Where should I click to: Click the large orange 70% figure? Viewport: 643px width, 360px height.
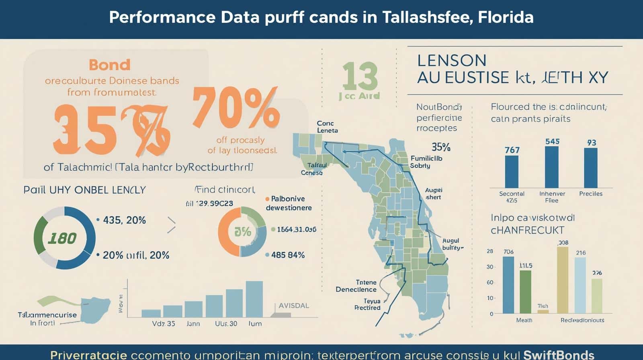[236, 108]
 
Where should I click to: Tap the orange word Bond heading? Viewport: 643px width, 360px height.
[109, 65]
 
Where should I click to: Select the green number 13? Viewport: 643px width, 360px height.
[360, 76]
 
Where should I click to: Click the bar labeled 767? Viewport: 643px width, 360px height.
[512, 171]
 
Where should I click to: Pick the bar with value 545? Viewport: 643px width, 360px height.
[551, 167]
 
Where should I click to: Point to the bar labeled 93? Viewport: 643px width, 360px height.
[590, 168]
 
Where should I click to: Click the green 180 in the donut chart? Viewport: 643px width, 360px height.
[62, 238]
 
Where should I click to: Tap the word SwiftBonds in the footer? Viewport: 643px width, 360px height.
[559, 354]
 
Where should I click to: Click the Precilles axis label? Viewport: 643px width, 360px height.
[590, 194]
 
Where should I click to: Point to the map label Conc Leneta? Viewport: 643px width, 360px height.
[327, 127]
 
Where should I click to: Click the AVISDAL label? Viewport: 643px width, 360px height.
[294, 306]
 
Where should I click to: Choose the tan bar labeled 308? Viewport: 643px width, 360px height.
[562, 280]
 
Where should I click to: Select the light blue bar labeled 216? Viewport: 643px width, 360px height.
[580, 285]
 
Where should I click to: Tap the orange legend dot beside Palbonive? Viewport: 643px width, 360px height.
[267, 199]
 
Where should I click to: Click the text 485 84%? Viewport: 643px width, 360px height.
[288, 255]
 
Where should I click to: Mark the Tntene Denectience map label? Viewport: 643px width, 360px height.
[356, 286]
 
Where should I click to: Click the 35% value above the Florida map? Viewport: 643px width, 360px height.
[440, 147]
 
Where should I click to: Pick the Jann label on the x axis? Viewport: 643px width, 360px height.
[193, 323]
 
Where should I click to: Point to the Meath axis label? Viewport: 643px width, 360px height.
[524, 320]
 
